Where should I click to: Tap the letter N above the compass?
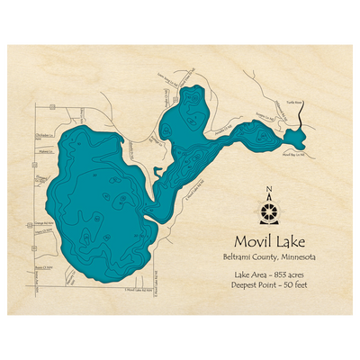point(269,189)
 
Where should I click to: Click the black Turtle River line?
point(301,118)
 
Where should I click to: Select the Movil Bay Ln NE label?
point(295,154)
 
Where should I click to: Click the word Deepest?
point(247,282)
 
